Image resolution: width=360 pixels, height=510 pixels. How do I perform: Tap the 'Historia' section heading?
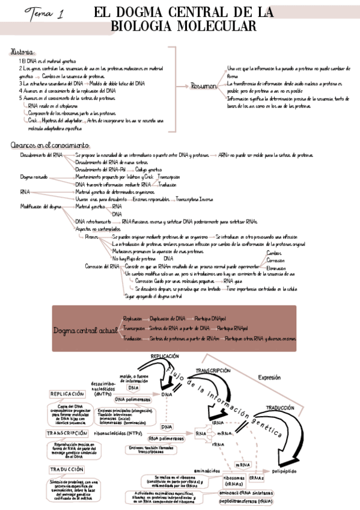pos(23,53)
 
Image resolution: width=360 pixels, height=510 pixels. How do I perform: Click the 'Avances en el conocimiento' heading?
pos(50,146)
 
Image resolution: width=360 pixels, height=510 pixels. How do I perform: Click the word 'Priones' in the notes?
pos(92,236)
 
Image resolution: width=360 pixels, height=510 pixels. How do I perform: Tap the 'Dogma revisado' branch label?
pos(34,177)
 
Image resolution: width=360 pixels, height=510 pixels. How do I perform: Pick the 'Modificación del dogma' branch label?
pos(40,206)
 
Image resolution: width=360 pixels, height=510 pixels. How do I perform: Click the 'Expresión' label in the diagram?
pos(269,378)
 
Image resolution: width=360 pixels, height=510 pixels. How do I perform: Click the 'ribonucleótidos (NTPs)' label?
pos(118,432)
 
